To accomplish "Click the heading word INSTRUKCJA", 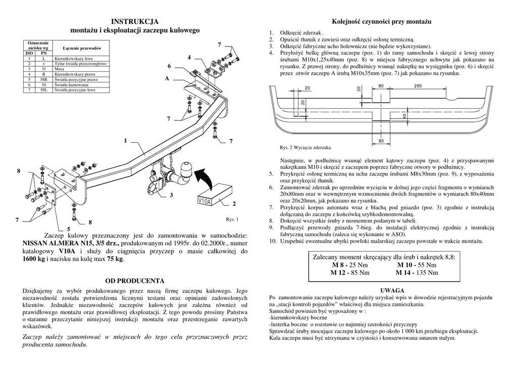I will [135, 21].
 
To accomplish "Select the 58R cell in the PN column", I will [43, 80].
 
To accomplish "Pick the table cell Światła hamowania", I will [71, 85].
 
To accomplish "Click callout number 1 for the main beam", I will [124, 140].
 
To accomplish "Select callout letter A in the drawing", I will [167, 79].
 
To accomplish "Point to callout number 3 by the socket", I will [171, 195].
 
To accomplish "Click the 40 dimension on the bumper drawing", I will [404, 116].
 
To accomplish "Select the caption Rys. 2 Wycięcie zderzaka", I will [305, 147].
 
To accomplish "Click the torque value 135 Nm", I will [427, 272].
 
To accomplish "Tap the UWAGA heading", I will [391, 291].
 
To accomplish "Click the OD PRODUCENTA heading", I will [135, 280].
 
